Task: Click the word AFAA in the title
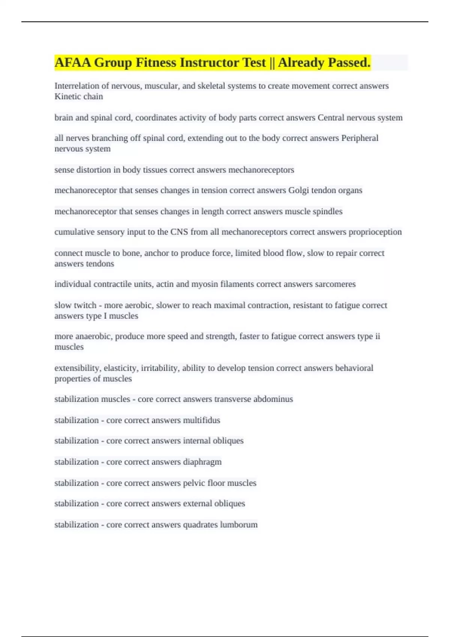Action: pos(73,63)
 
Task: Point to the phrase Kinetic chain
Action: pos(79,96)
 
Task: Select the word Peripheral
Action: pos(360,138)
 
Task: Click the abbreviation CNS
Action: pos(179,232)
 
